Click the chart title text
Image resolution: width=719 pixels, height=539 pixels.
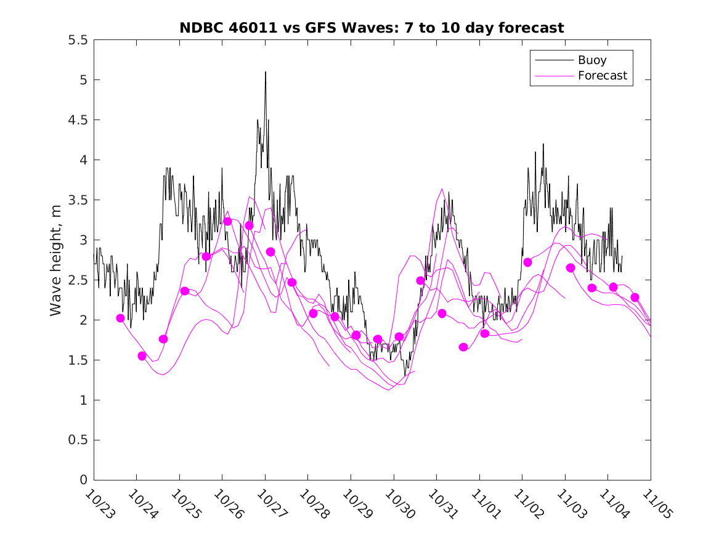coord(372,28)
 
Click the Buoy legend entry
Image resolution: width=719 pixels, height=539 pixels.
coord(591,60)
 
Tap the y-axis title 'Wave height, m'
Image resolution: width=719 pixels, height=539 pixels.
coord(56,260)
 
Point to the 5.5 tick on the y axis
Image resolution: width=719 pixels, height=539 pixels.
coord(78,40)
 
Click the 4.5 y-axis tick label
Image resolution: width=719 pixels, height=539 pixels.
coord(78,120)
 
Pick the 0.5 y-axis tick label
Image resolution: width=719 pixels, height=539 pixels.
coord(78,440)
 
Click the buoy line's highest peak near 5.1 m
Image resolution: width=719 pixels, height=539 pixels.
coord(266,72)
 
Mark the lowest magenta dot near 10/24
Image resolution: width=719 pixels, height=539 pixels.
coord(142,356)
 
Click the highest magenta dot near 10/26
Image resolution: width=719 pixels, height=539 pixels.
coord(227,221)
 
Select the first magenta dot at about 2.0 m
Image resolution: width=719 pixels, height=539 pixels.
coord(120,318)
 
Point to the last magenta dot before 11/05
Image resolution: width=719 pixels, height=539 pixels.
coord(635,298)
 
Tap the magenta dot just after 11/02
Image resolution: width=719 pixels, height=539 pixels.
coord(527,262)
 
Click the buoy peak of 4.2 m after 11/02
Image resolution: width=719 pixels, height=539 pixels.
coord(543,144)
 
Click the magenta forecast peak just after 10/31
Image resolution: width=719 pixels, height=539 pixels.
coord(442,189)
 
